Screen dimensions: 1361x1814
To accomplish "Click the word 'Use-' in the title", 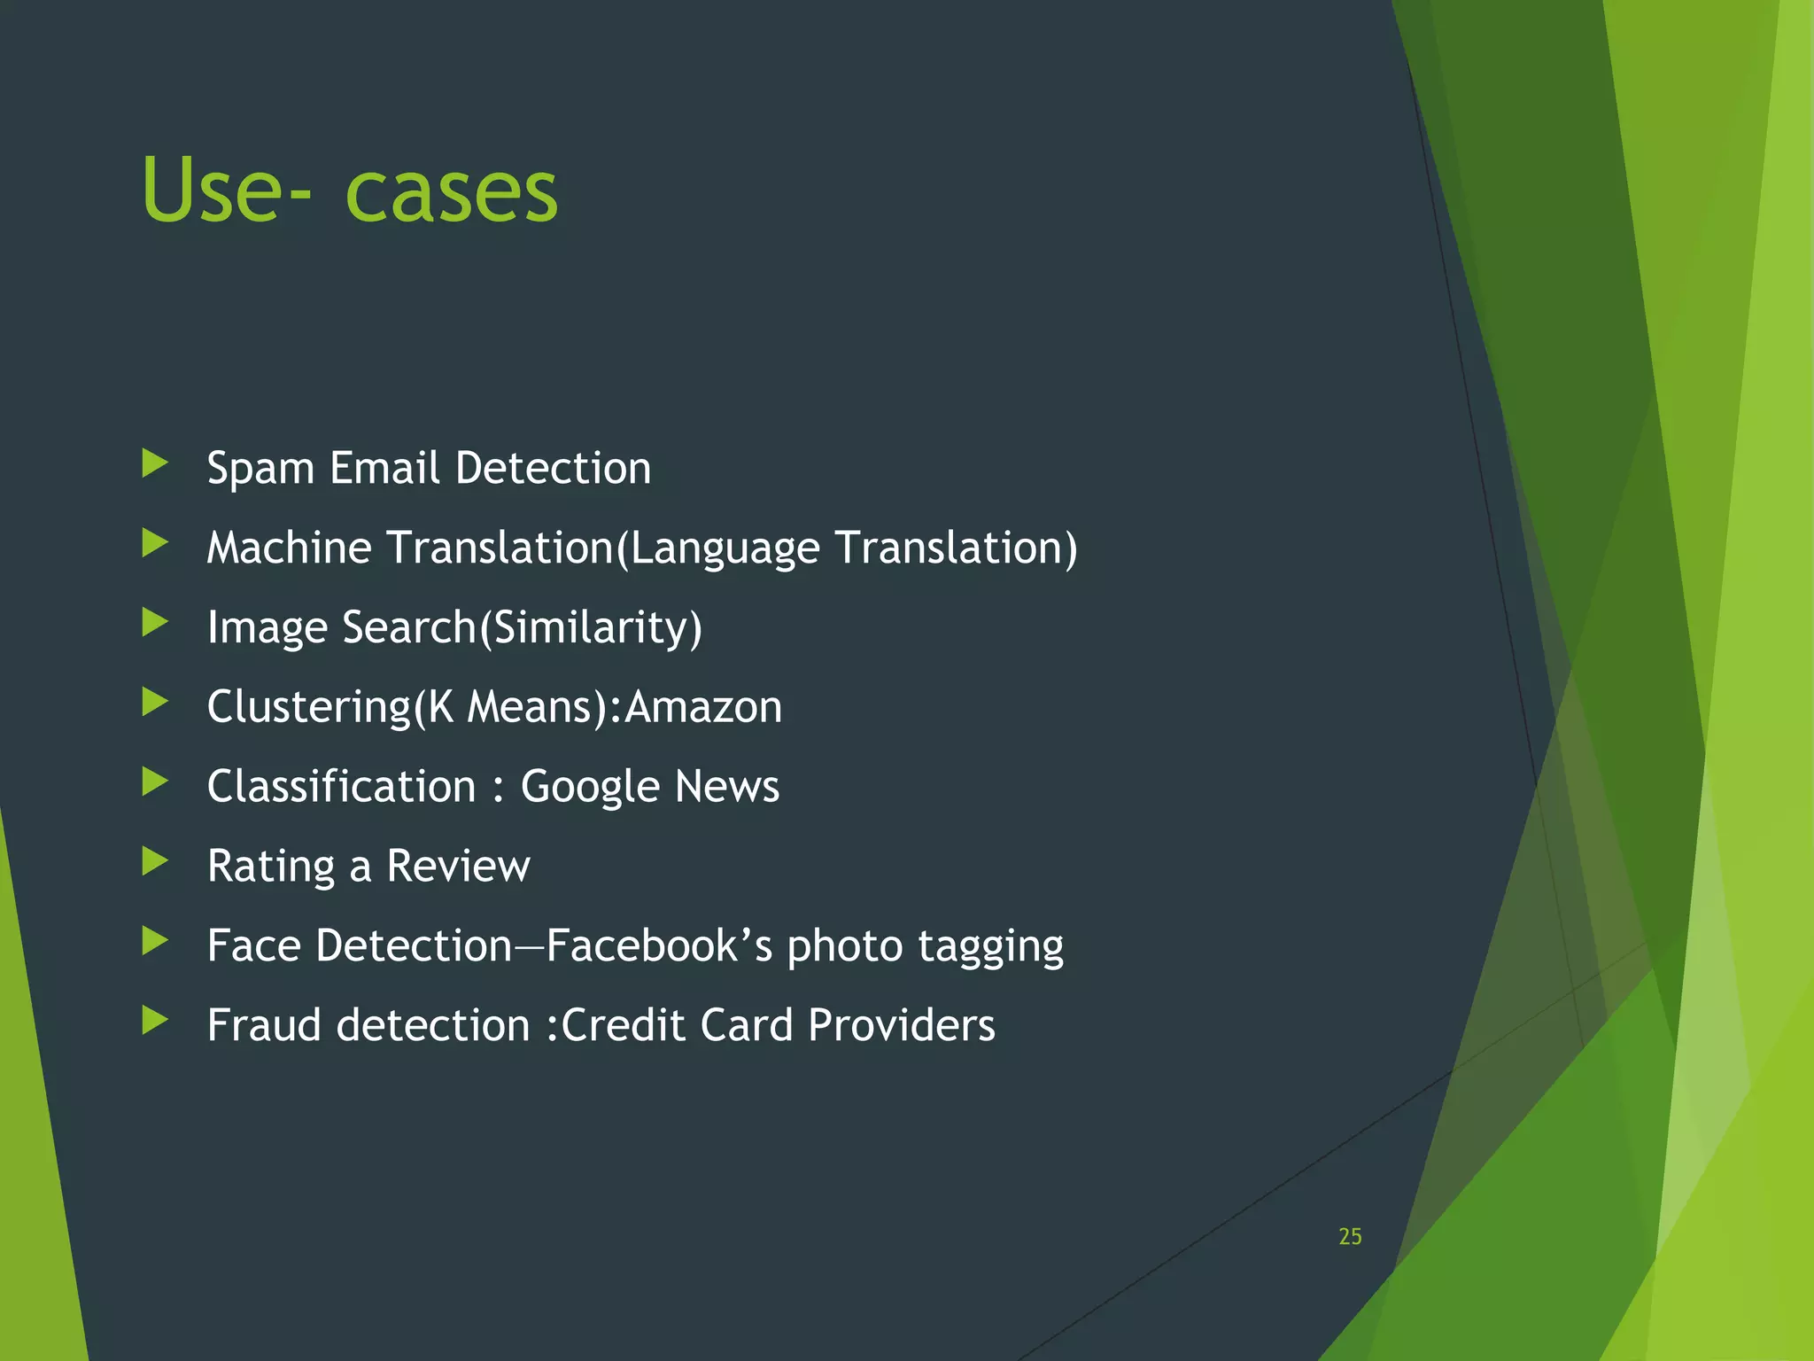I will point(226,191).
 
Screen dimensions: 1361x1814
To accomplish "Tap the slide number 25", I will point(1350,1236).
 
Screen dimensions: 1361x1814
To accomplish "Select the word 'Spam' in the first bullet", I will point(260,469).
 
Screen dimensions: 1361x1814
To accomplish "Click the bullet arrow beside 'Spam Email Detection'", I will point(155,463).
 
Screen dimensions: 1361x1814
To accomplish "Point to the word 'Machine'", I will point(289,547).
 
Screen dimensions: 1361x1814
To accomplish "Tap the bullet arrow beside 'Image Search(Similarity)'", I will point(155,622).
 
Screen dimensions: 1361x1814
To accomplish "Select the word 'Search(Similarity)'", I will point(522,628).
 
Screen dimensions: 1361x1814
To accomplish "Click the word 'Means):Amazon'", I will point(624,707).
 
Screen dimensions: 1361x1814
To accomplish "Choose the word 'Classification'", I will point(342,786).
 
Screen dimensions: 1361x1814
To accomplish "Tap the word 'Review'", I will point(458,866).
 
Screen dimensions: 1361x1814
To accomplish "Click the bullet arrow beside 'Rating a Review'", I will point(155,860).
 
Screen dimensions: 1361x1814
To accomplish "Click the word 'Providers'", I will point(901,1025).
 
